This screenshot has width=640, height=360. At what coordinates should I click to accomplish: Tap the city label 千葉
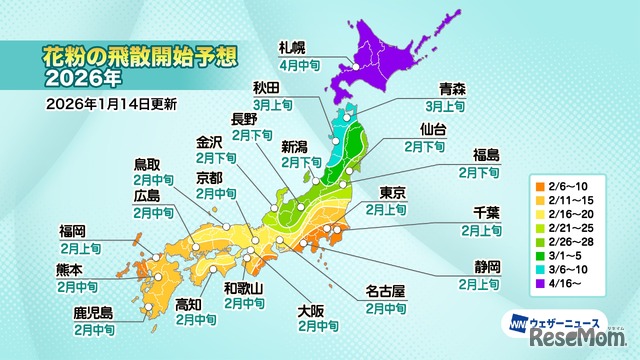coord(481,213)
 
